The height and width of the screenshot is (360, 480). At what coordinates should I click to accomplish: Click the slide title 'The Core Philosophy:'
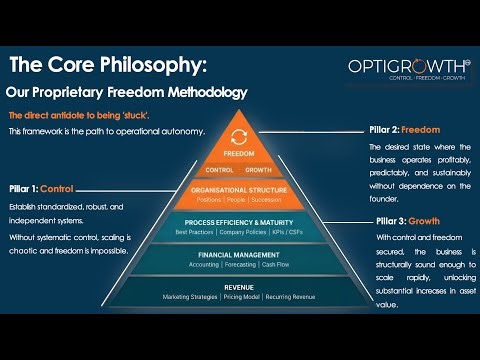[108, 65]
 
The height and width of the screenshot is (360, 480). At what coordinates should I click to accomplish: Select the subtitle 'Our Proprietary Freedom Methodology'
[126, 93]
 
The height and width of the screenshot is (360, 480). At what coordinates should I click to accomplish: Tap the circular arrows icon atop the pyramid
[239, 137]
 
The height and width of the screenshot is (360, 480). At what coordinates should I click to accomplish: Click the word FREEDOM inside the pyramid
[239, 154]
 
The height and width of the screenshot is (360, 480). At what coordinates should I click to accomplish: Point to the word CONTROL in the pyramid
[219, 170]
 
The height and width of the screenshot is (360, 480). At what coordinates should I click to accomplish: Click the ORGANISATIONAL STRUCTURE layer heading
[239, 189]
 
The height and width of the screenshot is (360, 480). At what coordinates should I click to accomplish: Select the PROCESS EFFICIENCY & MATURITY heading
[239, 222]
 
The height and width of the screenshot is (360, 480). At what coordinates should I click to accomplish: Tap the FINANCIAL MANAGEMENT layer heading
[239, 256]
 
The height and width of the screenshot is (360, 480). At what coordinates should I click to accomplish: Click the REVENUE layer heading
[239, 286]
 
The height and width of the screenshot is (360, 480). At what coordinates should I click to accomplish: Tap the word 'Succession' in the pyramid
[272, 200]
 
